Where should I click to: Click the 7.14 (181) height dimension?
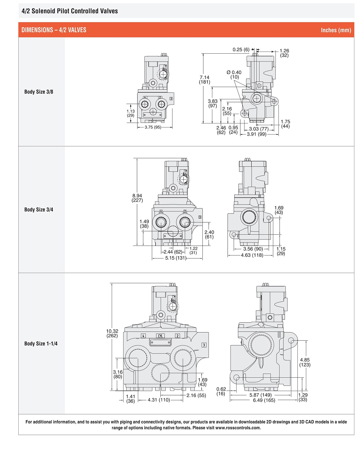coord(204,80)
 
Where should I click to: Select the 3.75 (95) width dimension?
coord(153,127)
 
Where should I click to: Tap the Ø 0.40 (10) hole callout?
coord(234,75)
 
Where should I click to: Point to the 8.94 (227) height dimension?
coord(137,198)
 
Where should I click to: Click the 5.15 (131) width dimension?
coord(176,258)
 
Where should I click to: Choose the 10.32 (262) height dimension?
coord(112,333)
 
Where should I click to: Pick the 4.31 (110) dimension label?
coord(159,400)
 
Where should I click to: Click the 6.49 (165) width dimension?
coord(264,400)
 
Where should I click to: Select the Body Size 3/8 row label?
coord(39,92)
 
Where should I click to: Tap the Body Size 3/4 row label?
coord(39,210)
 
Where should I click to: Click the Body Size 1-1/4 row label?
coord(41,344)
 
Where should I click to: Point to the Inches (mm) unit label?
coord(336,30)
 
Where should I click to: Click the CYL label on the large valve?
coord(160,336)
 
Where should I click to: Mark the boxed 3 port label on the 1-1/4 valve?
coord(204,345)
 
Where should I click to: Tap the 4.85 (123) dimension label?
coord(305,362)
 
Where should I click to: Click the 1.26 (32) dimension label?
coord(284,53)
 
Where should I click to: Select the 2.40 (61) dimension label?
coord(209,234)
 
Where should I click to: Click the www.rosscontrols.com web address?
coord(238,428)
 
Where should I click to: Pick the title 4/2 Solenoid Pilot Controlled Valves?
coord(70,11)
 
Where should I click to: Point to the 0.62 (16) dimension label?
coord(221,391)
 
